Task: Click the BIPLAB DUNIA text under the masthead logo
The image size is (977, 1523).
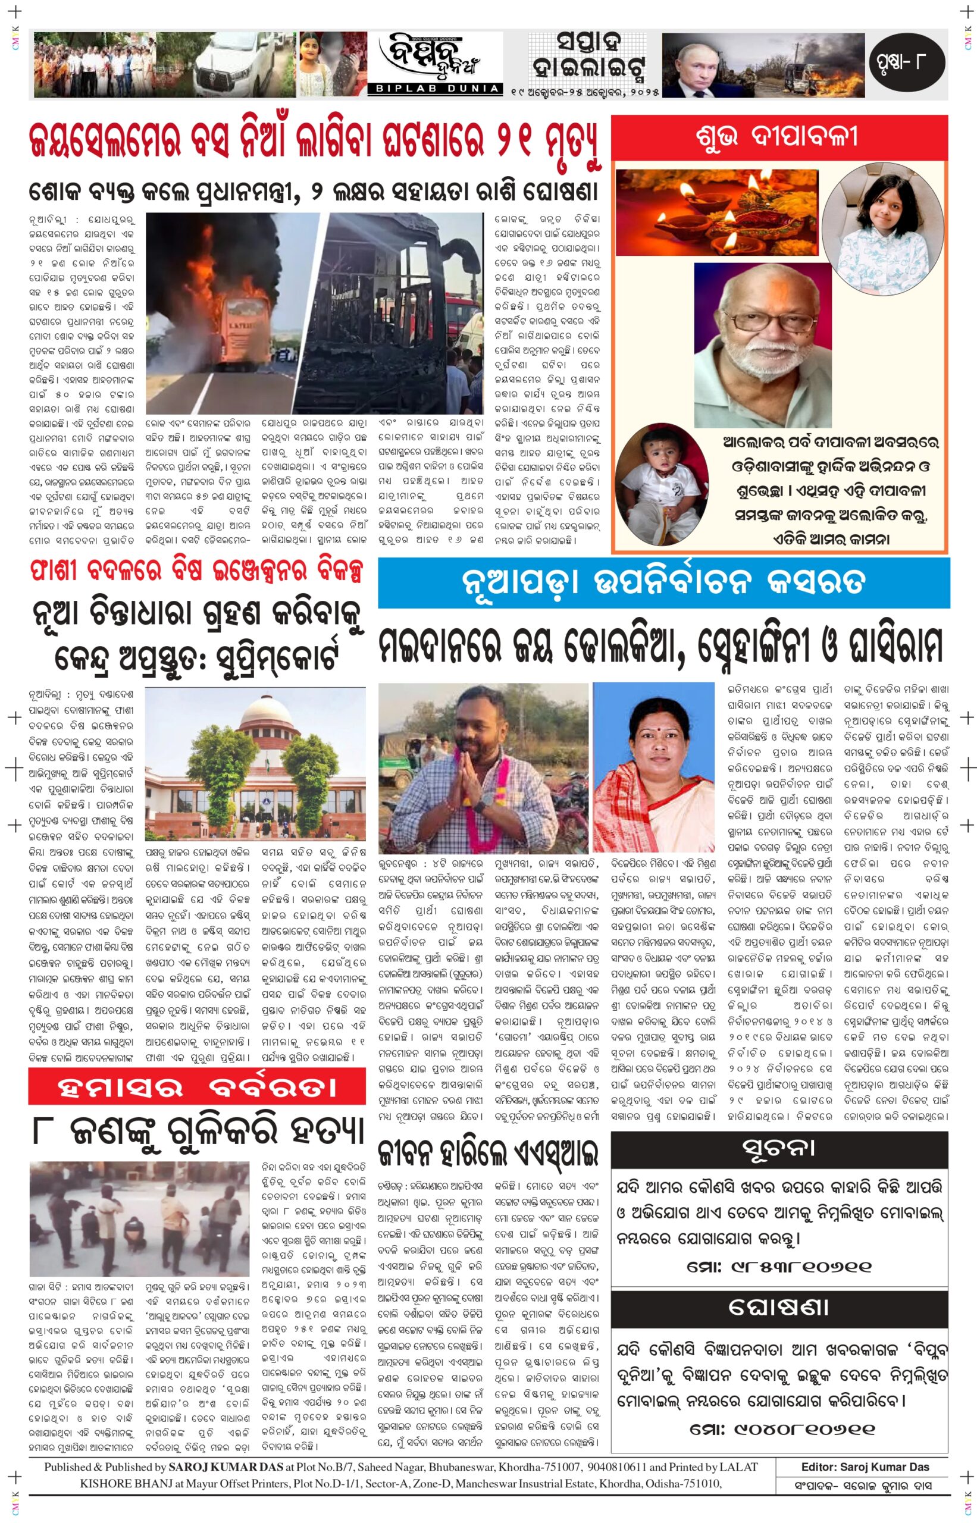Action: [x=434, y=89]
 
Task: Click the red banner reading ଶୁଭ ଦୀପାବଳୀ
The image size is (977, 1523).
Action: [x=779, y=137]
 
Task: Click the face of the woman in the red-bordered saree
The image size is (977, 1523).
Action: [x=653, y=741]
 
